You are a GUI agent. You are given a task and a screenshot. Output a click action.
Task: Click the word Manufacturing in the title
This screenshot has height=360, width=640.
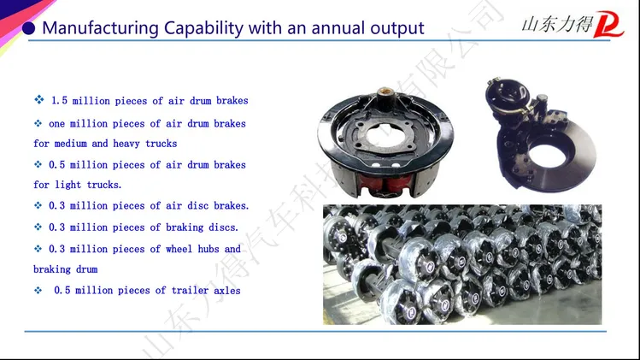point(101,28)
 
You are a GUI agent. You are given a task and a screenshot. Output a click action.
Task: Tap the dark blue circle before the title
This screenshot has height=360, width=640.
point(28,28)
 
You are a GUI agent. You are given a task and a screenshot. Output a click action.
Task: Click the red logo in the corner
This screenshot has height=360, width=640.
point(608,24)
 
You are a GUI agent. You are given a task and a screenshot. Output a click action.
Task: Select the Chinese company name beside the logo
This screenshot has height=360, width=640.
point(557,25)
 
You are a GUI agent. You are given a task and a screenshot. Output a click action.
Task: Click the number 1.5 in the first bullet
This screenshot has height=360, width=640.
point(59,101)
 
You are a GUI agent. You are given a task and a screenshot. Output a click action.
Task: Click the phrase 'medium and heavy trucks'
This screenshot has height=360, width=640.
point(115,144)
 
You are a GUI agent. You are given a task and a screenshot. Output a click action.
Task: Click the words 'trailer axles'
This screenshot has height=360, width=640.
point(206,291)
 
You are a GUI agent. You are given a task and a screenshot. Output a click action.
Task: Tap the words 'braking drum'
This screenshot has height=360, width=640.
point(65,269)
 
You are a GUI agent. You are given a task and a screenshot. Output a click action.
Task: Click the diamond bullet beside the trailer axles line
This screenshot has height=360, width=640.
point(38,290)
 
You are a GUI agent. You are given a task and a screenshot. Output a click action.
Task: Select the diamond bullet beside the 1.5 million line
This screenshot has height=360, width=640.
point(39,99)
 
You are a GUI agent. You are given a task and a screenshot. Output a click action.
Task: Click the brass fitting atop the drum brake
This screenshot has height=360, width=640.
point(384,92)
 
